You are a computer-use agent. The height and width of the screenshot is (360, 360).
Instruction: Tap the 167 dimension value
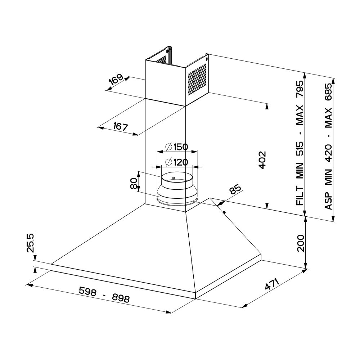tap(120, 126)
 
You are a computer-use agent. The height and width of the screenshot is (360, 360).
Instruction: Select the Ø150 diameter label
tap(176, 147)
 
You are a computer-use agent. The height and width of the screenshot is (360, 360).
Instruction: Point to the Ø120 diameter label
tap(176, 162)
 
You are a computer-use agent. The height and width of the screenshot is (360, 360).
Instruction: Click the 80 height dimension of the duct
tap(134, 183)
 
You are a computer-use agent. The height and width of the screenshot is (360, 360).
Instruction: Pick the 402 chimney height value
tap(262, 160)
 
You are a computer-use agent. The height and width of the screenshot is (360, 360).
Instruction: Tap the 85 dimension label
tap(235, 189)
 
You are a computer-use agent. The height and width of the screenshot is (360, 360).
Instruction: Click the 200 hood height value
tap(300, 243)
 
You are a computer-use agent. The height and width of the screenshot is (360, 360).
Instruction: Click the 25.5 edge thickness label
tap(30, 243)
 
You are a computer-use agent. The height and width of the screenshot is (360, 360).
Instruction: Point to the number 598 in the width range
tap(87, 291)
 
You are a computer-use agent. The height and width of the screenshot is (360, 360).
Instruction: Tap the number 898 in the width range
tap(121, 298)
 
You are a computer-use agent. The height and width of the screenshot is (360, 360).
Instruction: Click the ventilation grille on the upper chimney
tap(197, 80)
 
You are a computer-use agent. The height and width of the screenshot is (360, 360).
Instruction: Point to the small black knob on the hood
tap(224, 212)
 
